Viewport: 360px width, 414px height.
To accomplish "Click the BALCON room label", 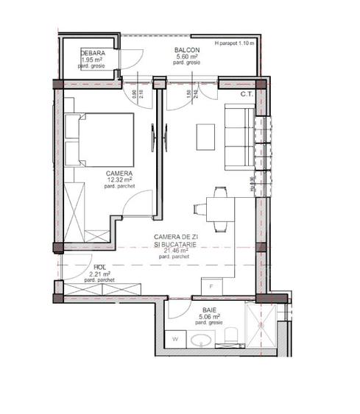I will click(x=186, y=50).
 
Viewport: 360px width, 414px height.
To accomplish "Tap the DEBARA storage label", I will click(x=93, y=54).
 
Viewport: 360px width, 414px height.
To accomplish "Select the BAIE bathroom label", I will click(x=200, y=310).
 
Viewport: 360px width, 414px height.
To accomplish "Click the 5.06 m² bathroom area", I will click(x=200, y=317).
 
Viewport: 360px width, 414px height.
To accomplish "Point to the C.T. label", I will click(x=247, y=94).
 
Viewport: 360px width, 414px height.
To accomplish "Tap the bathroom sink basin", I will click(x=200, y=340).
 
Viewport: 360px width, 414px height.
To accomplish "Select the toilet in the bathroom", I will click(x=230, y=337).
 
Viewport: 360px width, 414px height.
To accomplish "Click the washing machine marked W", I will click(x=176, y=339).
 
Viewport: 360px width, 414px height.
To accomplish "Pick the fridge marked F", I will click(x=212, y=285).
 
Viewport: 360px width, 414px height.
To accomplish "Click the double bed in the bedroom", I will click(x=99, y=140).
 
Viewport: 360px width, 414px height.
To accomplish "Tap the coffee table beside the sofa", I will click(x=205, y=135).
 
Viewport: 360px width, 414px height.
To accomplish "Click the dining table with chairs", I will click(x=217, y=209).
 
